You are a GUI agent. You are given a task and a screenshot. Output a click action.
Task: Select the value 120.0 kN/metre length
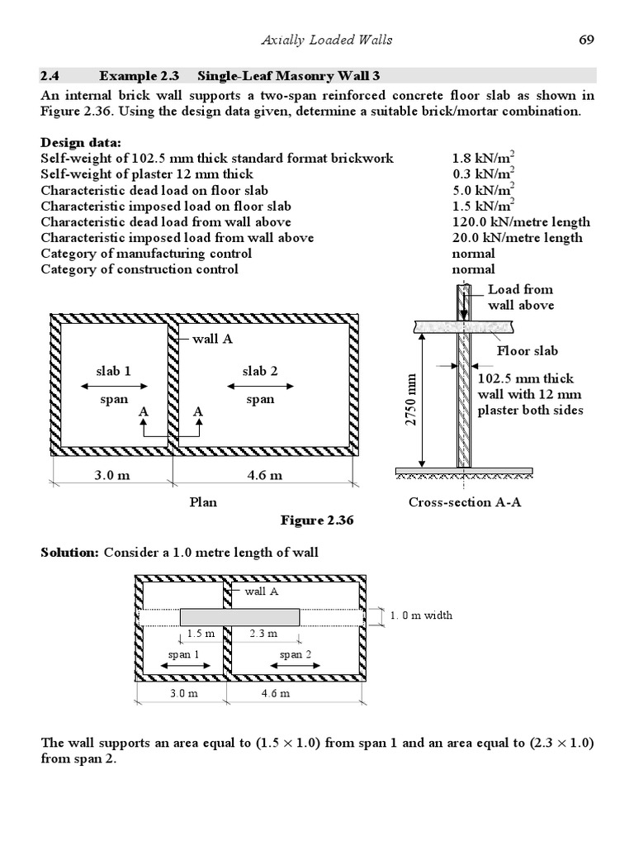(521, 221)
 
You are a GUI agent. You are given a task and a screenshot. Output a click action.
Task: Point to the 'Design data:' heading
(81, 142)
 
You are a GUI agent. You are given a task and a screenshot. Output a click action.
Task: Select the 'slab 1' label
(114, 371)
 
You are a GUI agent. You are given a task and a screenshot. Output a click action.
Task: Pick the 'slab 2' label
(260, 371)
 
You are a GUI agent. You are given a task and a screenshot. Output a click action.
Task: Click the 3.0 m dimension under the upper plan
(110, 475)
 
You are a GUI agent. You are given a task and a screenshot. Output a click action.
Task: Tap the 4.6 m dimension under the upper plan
(264, 475)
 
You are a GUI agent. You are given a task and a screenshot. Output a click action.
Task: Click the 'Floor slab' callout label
(527, 351)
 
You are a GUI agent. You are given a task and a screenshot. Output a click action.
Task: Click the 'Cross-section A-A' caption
(461, 502)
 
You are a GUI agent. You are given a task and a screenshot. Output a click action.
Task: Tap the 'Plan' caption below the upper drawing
(204, 502)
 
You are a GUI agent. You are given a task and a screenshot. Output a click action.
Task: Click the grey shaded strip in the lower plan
(239, 616)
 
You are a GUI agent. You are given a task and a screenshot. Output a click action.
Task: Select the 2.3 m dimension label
(263, 634)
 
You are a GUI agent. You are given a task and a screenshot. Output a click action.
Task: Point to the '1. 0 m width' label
(422, 615)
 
